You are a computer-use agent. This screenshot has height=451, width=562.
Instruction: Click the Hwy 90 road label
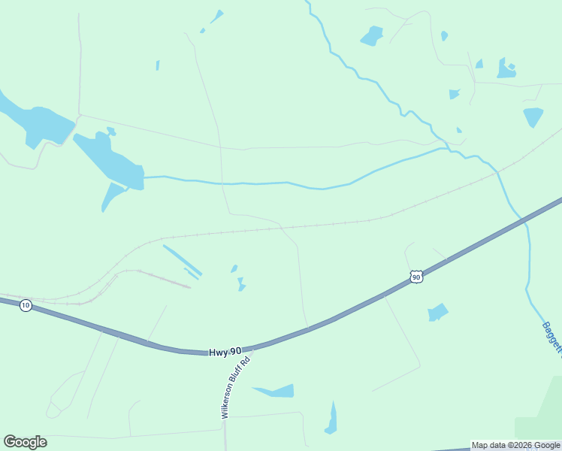point(225,351)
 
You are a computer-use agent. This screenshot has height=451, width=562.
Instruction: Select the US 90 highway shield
point(416,277)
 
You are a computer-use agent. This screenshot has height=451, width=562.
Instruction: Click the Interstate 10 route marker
point(26,305)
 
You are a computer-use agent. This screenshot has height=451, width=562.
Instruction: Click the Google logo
point(25,442)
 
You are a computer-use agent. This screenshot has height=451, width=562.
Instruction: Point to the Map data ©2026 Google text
point(515,445)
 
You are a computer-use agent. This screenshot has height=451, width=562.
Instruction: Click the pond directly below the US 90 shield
point(437,312)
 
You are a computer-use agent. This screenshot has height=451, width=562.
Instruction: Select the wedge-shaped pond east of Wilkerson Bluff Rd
point(278,391)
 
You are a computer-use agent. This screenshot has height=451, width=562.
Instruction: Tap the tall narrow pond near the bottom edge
point(331,419)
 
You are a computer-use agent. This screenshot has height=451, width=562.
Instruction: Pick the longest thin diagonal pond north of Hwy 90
point(183,259)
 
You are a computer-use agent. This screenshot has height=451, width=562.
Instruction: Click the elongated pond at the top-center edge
point(216,16)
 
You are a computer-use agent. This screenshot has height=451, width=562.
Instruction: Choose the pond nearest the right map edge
point(533,117)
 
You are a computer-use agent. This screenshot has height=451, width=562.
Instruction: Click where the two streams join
point(449,150)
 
